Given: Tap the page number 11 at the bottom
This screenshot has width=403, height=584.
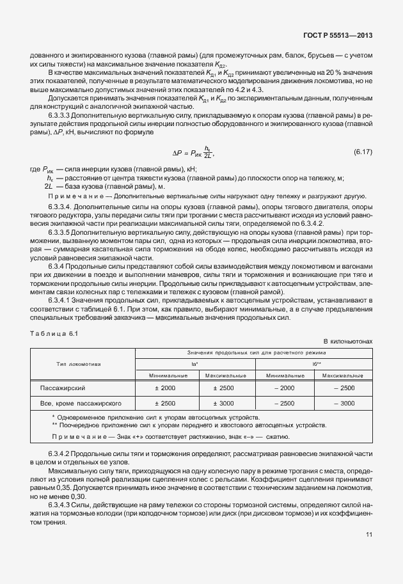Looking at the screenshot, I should pyautogui.click(x=368, y=535).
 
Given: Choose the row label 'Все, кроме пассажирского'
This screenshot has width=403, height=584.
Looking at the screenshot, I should pyautogui.click(x=81, y=404).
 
